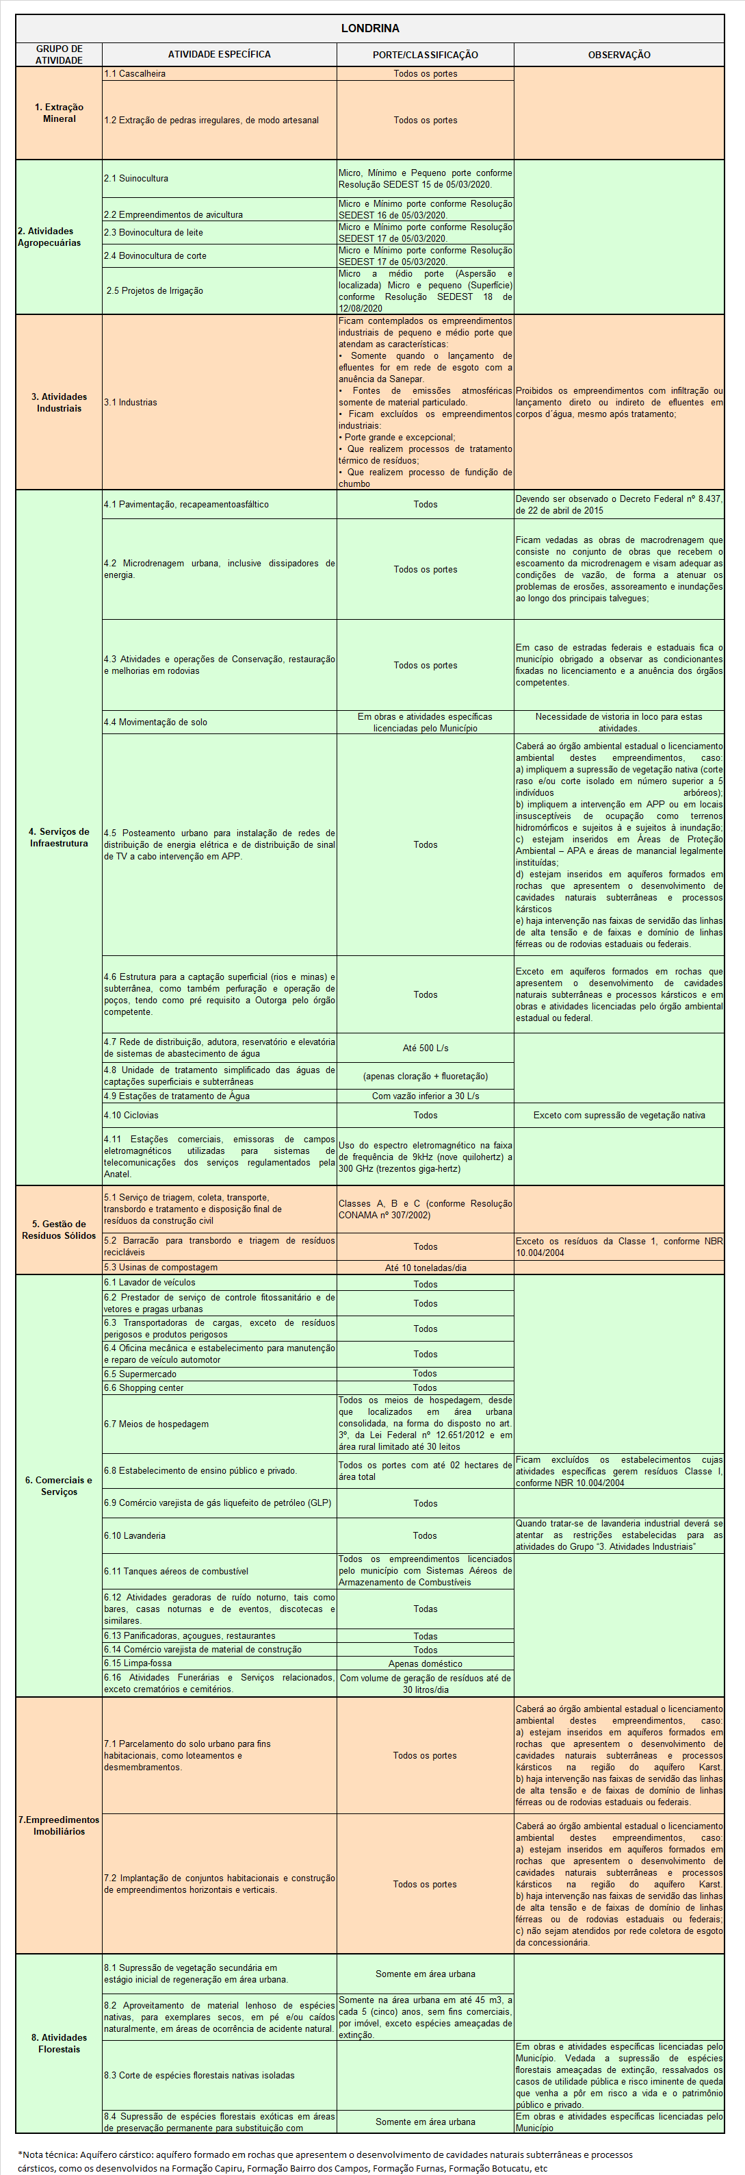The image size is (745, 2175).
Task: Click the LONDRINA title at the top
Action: coord(369,28)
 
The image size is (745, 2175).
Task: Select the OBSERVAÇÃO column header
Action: coord(618,55)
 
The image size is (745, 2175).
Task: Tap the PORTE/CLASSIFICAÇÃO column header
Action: coord(426,55)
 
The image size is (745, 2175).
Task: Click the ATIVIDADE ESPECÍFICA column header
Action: coord(220,54)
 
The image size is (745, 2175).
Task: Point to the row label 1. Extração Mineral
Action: coord(59,113)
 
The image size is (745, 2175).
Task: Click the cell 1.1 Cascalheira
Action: coord(135,74)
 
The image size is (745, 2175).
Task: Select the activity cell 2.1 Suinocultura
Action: coord(137,179)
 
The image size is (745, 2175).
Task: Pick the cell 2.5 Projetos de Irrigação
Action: coord(155,290)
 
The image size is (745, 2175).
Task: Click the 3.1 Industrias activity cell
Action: coord(131,403)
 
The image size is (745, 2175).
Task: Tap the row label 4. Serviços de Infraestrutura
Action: coord(59,838)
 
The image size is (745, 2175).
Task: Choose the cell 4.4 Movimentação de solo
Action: coord(155,722)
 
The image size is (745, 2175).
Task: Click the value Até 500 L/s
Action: coord(426,1048)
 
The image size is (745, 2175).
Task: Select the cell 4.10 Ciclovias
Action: coord(131,1116)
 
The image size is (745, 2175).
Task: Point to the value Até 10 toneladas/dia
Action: coord(426,1268)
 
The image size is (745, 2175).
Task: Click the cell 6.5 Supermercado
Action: coord(140,1374)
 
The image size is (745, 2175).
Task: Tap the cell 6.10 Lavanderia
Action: coord(135,1536)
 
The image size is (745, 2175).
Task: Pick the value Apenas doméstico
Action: coord(426,1663)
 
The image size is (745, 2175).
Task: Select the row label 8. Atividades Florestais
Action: coord(59,2044)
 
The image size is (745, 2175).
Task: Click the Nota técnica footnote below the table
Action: coord(325,2161)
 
